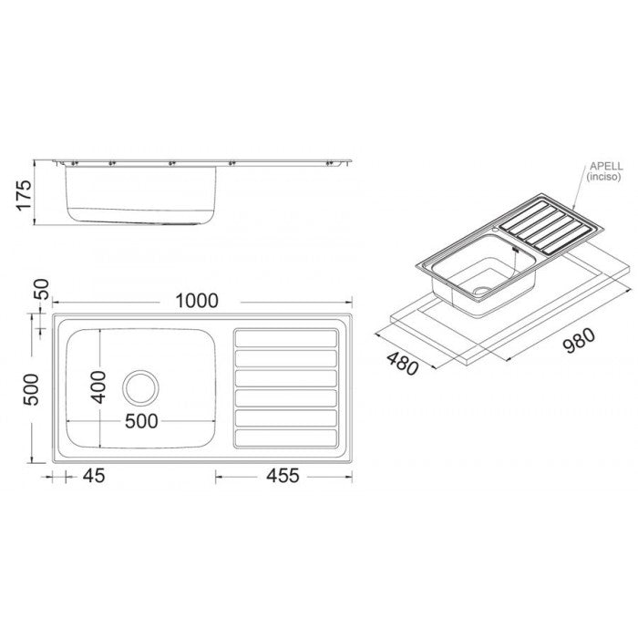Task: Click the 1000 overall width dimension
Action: [x=197, y=301]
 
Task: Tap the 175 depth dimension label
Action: [x=24, y=195]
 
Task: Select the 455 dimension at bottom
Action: [x=283, y=476]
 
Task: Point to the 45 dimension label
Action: [x=94, y=476]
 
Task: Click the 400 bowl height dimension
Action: [x=98, y=387]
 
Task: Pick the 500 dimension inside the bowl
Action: [x=141, y=421]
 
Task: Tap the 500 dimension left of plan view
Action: [x=31, y=390]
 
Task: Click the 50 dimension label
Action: [x=42, y=289]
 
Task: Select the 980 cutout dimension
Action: [x=579, y=340]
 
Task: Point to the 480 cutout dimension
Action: [x=402, y=364]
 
